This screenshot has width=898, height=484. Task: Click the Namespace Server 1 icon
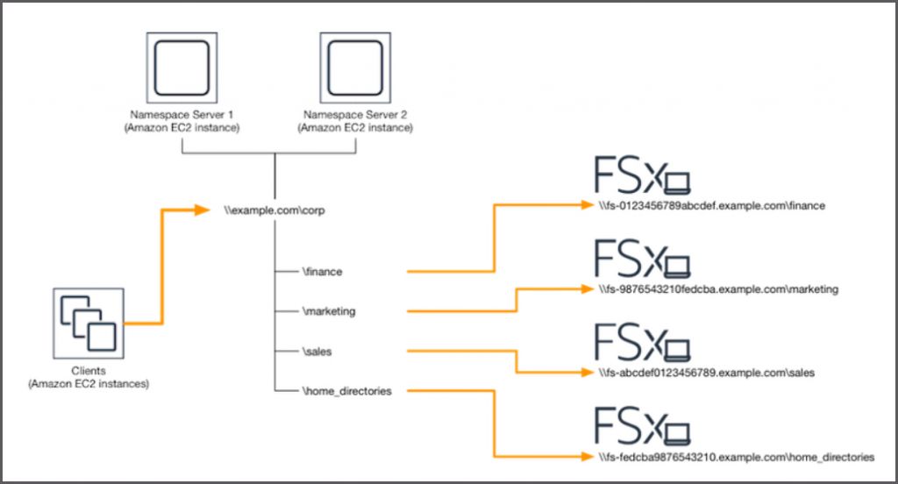click(x=182, y=68)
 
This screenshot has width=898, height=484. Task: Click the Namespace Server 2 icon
click(x=354, y=68)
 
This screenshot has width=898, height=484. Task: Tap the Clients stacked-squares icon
click(x=88, y=323)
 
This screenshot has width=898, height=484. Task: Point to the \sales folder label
click(x=317, y=352)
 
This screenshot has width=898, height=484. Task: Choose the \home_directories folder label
click(x=345, y=391)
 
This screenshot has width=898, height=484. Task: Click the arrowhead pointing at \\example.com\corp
click(x=209, y=210)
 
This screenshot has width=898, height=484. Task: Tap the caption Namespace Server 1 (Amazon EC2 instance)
click(x=182, y=122)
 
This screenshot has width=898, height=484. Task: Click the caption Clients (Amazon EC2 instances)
click(x=88, y=378)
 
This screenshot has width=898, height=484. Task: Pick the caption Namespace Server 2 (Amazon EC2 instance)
click(x=354, y=122)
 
